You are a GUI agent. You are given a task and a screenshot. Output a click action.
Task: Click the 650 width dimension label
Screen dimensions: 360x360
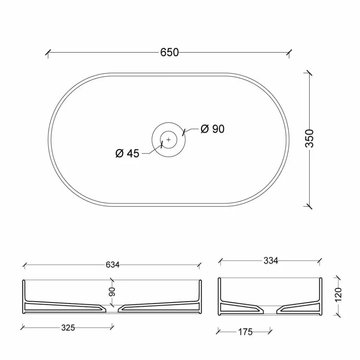click(169, 53)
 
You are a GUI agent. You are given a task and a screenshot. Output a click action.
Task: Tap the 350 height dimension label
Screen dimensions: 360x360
click(310, 138)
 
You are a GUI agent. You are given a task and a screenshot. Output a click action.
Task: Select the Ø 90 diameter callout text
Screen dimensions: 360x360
click(212, 129)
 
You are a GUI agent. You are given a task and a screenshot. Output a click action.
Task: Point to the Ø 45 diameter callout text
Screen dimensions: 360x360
click(127, 153)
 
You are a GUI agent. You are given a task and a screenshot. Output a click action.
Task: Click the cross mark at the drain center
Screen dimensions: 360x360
click(169, 139)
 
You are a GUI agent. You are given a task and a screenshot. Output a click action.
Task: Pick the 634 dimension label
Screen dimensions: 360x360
click(113, 265)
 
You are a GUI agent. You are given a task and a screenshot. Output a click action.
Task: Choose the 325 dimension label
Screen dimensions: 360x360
click(68, 327)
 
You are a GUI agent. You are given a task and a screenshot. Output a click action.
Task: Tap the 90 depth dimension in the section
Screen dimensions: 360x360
click(112, 292)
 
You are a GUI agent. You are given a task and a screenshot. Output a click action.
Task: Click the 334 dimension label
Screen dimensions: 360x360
click(271, 261)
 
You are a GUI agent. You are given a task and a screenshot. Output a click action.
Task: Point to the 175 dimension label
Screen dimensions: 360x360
click(245, 332)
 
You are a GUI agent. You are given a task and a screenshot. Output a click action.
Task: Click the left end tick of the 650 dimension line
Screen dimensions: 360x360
click(48, 53)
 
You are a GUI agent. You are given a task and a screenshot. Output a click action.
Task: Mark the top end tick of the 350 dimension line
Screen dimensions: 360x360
click(310, 73)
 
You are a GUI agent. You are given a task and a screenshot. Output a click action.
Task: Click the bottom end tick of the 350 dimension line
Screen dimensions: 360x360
click(310, 207)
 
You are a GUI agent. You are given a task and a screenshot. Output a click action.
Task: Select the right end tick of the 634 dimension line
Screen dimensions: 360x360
click(200, 265)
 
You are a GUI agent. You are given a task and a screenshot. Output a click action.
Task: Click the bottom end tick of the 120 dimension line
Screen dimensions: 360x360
click(338, 314)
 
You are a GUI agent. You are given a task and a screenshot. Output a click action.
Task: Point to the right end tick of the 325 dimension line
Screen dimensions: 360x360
click(113, 326)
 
